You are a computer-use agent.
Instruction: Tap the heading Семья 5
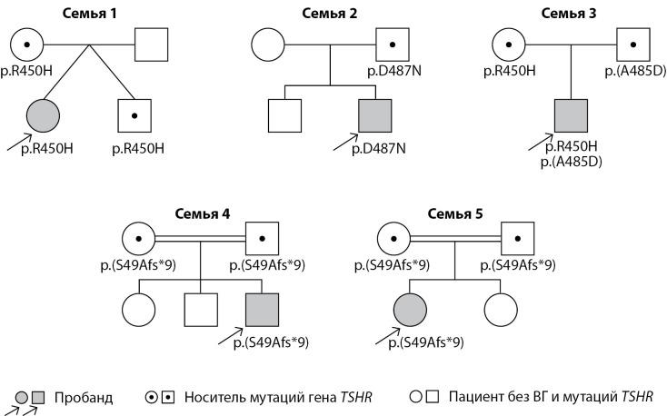[x=455, y=213]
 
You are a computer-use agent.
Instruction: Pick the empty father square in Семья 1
[x=152, y=45]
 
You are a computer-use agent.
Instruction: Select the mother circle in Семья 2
[x=267, y=45]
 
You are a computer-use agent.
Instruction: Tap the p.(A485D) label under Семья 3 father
[x=634, y=70]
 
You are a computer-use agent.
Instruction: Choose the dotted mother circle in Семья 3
[x=508, y=45]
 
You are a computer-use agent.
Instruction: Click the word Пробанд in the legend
[x=84, y=397]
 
